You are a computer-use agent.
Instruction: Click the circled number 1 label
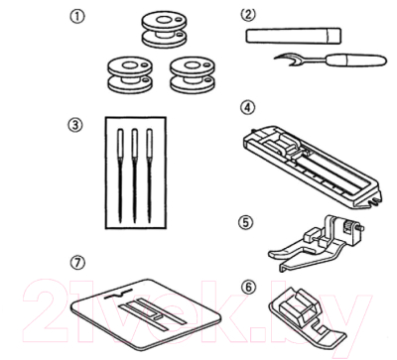(x=76, y=17)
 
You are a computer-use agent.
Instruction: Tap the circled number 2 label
(x=248, y=14)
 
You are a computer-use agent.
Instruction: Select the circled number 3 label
(x=75, y=125)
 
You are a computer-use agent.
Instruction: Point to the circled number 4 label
(x=248, y=107)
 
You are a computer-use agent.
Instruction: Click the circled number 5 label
(x=245, y=222)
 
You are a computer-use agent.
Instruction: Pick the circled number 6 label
(x=248, y=288)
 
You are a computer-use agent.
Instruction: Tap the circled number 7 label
(x=78, y=263)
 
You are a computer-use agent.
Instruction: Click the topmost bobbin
(x=163, y=30)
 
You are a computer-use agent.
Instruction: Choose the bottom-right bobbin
(x=191, y=75)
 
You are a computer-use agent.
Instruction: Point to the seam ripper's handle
(x=356, y=60)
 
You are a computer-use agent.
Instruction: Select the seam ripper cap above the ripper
(x=294, y=36)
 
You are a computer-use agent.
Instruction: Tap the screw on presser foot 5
(x=360, y=227)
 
